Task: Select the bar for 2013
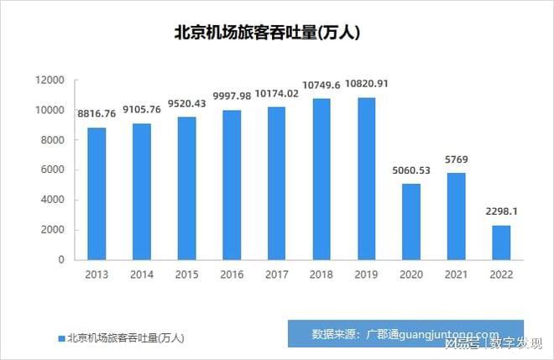click(97, 194)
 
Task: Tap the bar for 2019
click(366, 179)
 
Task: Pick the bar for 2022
click(500, 243)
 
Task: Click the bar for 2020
click(411, 222)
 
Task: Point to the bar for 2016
click(232, 185)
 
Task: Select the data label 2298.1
click(500, 211)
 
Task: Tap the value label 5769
click(456, 159)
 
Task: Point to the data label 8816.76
click(97, 114)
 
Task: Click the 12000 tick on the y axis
click(50, 81)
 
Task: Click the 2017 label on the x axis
click(276, 274)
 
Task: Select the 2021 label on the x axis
click(456, 274)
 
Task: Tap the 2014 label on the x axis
click(142, 274)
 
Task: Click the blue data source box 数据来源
click(405, 333)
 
